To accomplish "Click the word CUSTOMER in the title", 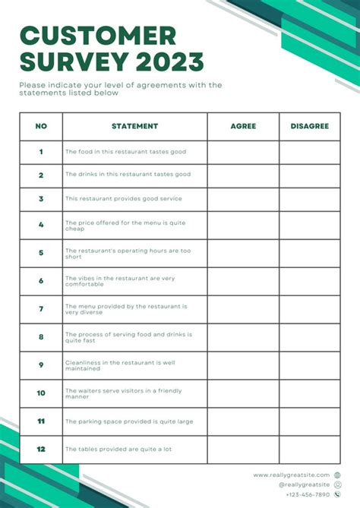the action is [98, 36].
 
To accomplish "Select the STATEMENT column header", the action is [134, 126].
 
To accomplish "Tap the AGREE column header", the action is [243, 126].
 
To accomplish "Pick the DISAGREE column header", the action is [309, 126].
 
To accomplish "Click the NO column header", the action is [41, 126].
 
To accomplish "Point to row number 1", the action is [41, 152].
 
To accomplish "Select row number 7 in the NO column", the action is [41, 309].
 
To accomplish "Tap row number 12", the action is [41, 449].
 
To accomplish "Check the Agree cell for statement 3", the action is [243, 199].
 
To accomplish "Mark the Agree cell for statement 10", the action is [243, 393].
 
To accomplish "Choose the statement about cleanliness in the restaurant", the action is [122, 365].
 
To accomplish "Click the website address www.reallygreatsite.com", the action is [292, 475].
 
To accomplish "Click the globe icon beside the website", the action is [336, 475].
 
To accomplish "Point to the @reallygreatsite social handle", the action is [304, 484].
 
